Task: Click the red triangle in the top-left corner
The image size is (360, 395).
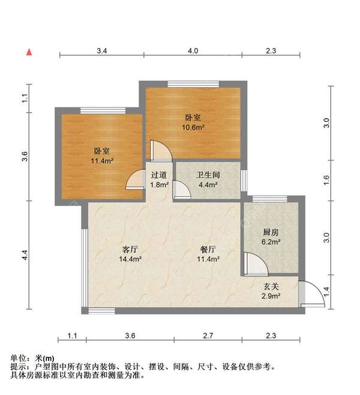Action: click(x=28, y=52)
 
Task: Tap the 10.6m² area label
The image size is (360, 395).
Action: click(x=194, y=127)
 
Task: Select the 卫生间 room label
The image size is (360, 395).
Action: click(x=208, y=175)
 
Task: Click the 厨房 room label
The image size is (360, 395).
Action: click(x=271, y=232)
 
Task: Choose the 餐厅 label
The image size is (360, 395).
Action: click(x=208, y=249)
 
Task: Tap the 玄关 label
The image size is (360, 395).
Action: click(x=271, y=288)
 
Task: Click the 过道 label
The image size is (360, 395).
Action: click(x=160, y=175)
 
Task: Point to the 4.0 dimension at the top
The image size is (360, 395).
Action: click(x=193, y=52)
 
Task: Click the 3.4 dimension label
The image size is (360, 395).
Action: click(x=102, y=52)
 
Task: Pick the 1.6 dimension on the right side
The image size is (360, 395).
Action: click(x=326, y=178)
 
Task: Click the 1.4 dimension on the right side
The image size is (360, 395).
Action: click(x=326, y=292)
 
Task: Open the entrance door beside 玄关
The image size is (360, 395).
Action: click(x=311, y=295)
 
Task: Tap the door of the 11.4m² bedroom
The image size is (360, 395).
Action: click(x=134, y=181)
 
